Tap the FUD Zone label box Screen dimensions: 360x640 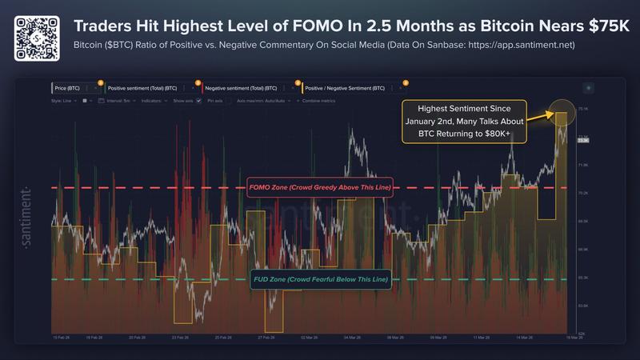321,279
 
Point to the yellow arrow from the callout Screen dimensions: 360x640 541,118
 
